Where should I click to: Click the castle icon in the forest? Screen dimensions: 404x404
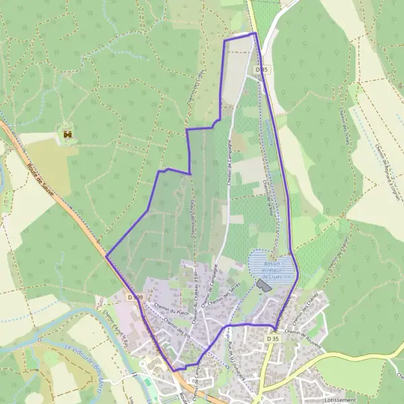tap(67, 135)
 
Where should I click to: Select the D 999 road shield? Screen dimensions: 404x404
tap(135, 297)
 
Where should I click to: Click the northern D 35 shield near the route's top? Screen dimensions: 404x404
tap(262, 69)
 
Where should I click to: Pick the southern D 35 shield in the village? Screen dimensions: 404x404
tap(272, 339)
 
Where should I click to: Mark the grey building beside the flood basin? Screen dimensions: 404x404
tap(263, 286)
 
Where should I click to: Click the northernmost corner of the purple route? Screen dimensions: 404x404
tap(255, 32)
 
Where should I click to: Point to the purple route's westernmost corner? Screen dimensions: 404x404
tap(106, 256)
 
